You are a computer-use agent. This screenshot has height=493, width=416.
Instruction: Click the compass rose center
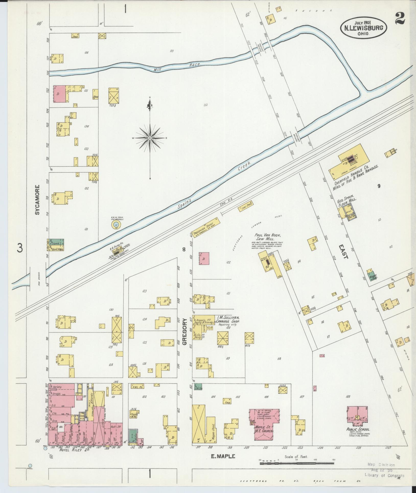tap(150, 138)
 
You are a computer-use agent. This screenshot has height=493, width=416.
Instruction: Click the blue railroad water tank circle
tap(116, 225)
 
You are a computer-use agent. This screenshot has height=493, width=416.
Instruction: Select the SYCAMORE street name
tap(38, 200)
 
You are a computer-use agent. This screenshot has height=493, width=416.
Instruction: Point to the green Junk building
tap(58, 242)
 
